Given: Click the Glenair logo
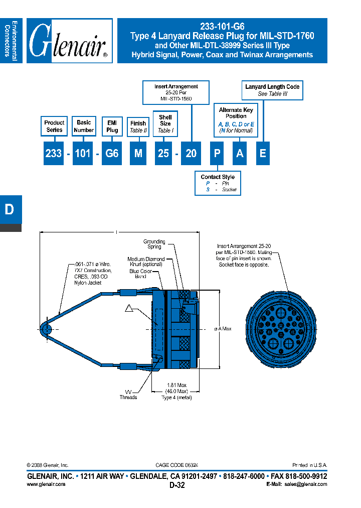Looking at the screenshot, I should pyautogui.click(x=69, y=41).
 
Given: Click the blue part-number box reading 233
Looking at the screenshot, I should pyautogui.click(x=53, y=154).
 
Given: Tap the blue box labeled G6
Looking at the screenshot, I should pyautogui.click(x=112, y=154).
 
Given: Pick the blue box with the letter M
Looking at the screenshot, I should pyautogui.click(x=138, y=154).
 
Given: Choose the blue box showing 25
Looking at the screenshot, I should pyautogui.click(x=163, y=154).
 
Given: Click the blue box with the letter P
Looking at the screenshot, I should pyautogui.click(x=217, y=154).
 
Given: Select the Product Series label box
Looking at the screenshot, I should pyautogui.click(x=54, y=126).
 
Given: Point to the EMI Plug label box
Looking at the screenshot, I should pyautogui.click(x=112, y=126).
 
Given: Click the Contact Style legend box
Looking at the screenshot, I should pyautogui.click(x=218, y=183).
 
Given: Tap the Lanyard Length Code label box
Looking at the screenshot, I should pyautogui.click(x=272, y=90).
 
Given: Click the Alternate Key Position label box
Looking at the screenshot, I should pyautogui.click(x=236, y=120).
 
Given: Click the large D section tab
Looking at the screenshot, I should pyautogui.click(x=10, y=210).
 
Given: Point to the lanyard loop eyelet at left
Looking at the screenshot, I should pyautogui.click(x=46, y=329).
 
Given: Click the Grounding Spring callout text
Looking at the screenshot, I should pyautogui.click(x=154, y=244).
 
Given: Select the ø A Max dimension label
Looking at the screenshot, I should pyautogui.click(x=223, y=329).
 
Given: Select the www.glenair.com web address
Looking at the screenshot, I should pyautogui.click(x=46, y=484).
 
